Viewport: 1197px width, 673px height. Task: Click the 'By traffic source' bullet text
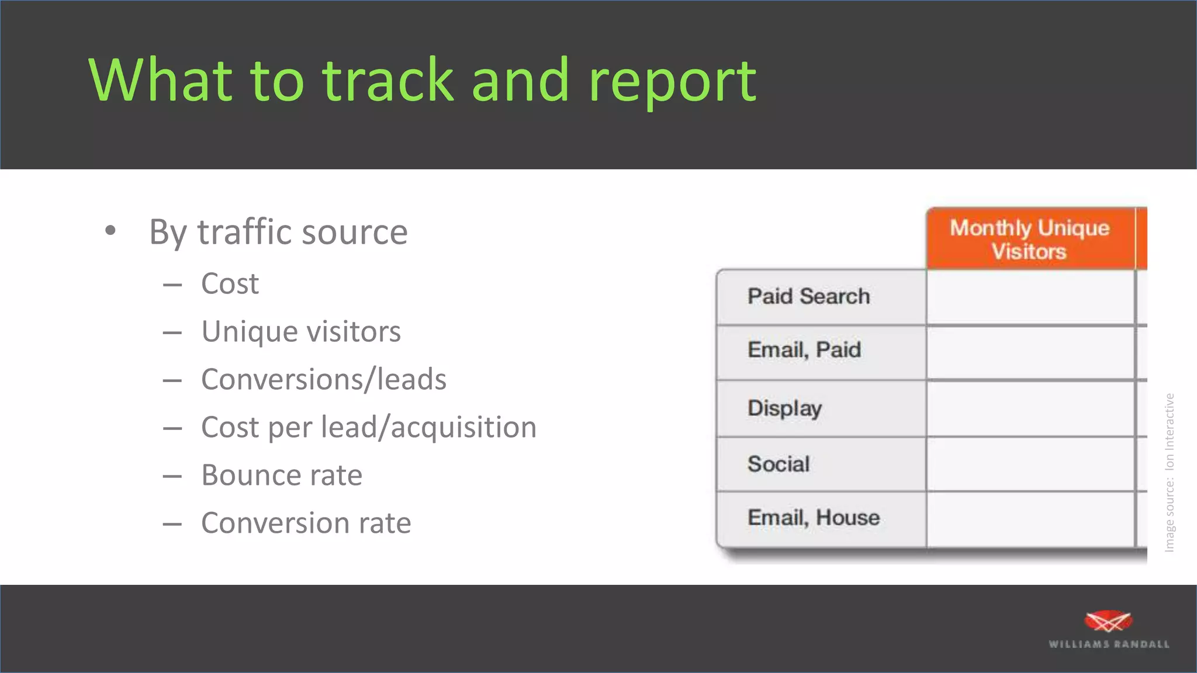[278, 232]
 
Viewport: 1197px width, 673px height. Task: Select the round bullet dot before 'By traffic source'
[110, 231]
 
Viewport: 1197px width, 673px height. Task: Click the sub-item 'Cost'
[230, 284]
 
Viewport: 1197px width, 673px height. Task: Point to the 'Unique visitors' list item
[301, 332]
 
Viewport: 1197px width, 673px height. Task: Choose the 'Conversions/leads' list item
[324, 380]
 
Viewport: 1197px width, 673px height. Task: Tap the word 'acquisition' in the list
[463, 428]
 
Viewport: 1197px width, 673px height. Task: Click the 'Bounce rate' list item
[282, 475]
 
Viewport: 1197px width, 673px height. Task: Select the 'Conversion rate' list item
[306, 523]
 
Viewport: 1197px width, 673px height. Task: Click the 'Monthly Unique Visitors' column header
[1030, 239]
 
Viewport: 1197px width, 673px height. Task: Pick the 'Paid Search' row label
[809, 296]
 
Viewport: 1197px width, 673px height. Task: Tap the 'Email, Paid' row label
[804, 350]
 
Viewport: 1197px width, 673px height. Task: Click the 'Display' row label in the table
[784, 408]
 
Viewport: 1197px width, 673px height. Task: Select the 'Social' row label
[779, 464]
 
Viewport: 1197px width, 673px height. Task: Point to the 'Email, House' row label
[814, 518]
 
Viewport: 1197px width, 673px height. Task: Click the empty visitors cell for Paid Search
[1030, 297]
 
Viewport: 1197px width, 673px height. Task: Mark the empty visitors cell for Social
[1030, 464]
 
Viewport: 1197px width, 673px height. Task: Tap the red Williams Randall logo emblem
[1108, 621]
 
